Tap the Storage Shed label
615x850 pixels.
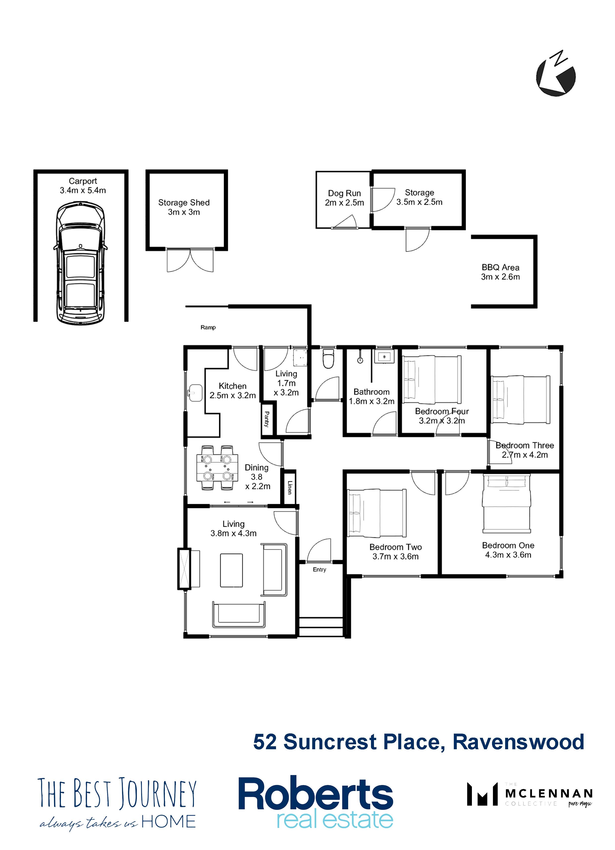click(x=184, y=207)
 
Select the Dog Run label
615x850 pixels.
click(x=344, y=198)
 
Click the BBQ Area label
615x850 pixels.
click(x=500, y=272)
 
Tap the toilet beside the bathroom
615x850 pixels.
click(x=328, y=359)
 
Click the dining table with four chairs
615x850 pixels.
click(x=217, y=467)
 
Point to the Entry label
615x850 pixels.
click(x=319, y=569)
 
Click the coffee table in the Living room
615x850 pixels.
click(x=231, y=570)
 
